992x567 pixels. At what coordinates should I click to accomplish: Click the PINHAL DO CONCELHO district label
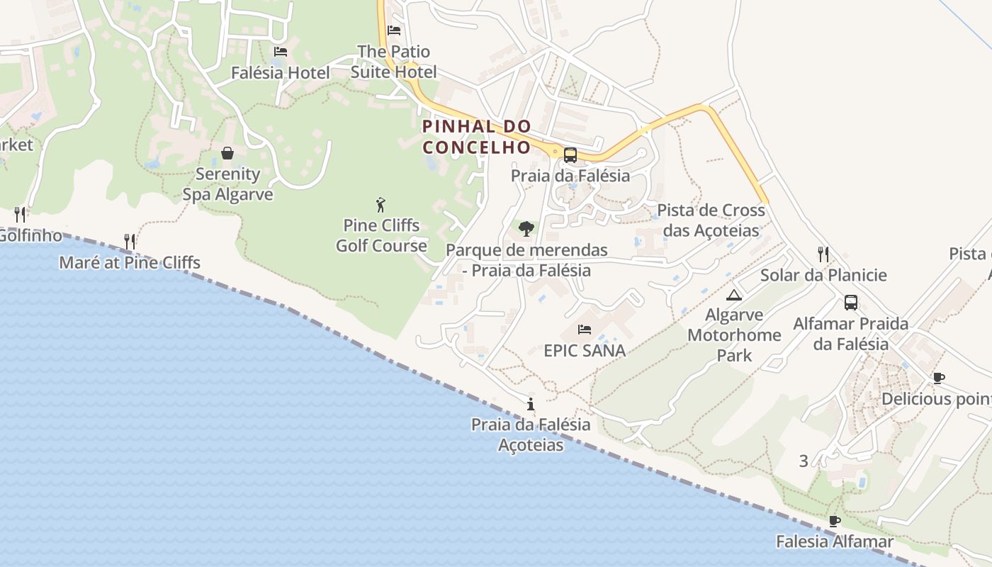[x=477, y=137]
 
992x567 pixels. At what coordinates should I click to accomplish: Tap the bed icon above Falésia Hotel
[x=281, y=52]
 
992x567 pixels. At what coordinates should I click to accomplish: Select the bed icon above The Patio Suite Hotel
[x=394, y=30]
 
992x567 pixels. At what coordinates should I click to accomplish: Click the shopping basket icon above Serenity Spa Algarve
[x=227, y=153]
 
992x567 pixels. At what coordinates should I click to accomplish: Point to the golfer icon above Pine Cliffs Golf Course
[x=381, y=205]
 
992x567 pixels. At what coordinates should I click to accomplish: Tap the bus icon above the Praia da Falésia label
[x=570, y=155]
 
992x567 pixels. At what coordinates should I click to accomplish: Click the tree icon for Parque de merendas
[x=526, y=229]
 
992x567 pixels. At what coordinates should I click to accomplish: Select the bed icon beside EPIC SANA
[x=585, y=330]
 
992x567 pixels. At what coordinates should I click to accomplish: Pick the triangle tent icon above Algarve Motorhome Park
[x=734, y=295]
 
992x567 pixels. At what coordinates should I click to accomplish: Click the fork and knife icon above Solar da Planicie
[x=823, y=254]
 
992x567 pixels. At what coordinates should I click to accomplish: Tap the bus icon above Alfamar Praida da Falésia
[x=850, y=303]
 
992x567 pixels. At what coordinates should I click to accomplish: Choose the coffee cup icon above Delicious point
[x=938, y=378]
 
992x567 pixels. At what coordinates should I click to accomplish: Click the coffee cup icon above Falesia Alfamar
[x=835, y=521]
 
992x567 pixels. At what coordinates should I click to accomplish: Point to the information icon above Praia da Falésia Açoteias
[x=531, y=404]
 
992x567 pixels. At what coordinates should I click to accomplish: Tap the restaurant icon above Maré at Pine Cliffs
[x=129, y=242]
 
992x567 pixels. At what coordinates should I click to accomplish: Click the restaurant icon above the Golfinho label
[x=20, y=214]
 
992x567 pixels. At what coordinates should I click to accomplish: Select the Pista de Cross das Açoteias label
[x=711, y=220]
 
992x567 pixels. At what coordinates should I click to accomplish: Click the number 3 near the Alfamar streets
[x=804, y=461]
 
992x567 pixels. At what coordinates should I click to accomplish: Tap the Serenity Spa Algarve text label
[x=227, y=184]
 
